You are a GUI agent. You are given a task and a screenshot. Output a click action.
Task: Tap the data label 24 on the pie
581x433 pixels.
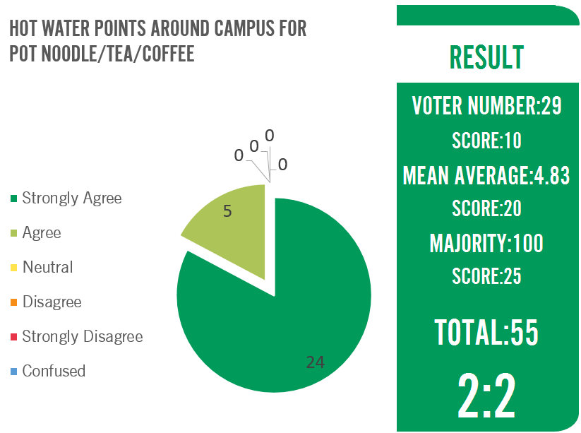[x=315, y=362]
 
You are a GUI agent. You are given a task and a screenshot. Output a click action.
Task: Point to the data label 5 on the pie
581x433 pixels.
[x=227, y=210]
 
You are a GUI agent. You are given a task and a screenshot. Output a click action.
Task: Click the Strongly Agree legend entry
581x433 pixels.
[x=71, y=198]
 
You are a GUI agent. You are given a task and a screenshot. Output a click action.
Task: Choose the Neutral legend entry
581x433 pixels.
[x=47, y=267]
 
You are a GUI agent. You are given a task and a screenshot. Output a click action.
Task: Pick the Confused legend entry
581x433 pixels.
[x=54, y=371]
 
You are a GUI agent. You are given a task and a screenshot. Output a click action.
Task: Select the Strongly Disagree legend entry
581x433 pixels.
[x=82, y=336]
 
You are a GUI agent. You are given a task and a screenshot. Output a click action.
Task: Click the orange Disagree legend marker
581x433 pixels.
[x=13, y=302]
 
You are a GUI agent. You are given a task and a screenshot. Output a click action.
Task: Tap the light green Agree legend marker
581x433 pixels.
[x=13, y=233]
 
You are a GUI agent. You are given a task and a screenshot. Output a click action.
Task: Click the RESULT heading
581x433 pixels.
[x=486, y=57]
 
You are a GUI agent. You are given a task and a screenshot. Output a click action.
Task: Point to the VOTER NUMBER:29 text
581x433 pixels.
[x=486, y=106]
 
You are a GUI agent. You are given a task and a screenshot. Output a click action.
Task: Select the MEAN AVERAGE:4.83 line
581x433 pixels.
[x=486, y=175]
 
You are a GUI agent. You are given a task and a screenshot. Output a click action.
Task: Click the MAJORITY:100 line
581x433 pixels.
[x=486, y=243]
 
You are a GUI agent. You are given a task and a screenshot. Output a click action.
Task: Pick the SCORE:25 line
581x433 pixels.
[x=486, y=276]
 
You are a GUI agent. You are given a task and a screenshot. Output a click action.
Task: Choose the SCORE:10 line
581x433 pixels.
[x=486, y=141]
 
